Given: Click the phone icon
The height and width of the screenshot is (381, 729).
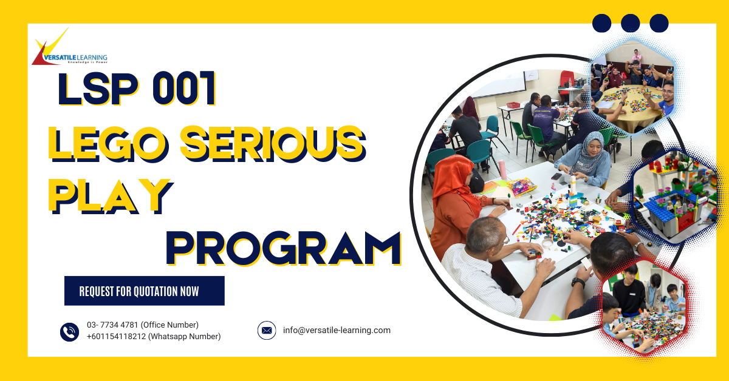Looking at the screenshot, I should point(70,331).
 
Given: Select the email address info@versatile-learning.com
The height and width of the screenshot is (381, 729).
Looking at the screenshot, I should point(337,331).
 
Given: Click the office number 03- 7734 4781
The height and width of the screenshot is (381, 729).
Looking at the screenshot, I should point(114,325).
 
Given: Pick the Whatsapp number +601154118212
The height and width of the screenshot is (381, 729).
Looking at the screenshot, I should point(117,337).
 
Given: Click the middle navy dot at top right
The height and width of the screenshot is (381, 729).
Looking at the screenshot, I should point(631,23).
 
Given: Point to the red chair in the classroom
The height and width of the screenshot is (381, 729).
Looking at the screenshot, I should point(566,78).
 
